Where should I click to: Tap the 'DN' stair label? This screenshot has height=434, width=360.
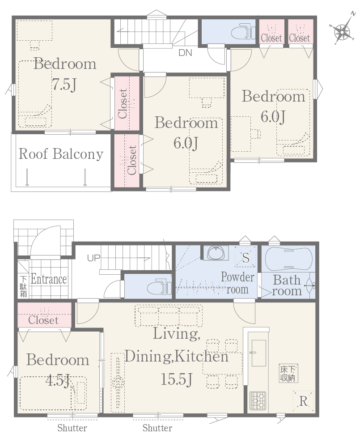[x=185, y=53]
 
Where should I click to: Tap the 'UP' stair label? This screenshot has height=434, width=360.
[x=93, y=258]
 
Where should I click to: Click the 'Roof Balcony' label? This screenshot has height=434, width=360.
[x=61, y=154]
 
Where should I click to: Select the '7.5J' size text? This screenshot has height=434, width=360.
[x=64, y=85]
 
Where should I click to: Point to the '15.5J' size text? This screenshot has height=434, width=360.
[x=177, y=379]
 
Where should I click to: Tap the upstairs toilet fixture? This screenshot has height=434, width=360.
[x=243, y=32]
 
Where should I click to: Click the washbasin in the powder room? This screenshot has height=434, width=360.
[x=216, y=252]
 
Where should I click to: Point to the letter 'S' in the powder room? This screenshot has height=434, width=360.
[x=246, y=258]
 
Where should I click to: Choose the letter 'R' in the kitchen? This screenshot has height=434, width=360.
[x=303, y=401]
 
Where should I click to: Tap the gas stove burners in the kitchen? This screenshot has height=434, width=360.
[x=258, y=400]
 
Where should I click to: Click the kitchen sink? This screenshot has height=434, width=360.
[x=259, y=353]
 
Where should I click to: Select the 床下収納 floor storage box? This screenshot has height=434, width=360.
[x=288, y=373]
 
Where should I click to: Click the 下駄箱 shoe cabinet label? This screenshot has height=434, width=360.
[x=24, y=286]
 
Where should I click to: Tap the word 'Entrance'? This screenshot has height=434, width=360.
[x=49, y=279]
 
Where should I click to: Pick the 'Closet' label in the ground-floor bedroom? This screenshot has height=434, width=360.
[x=43, y=320]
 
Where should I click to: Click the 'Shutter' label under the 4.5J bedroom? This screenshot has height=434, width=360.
[x=72, y=428]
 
